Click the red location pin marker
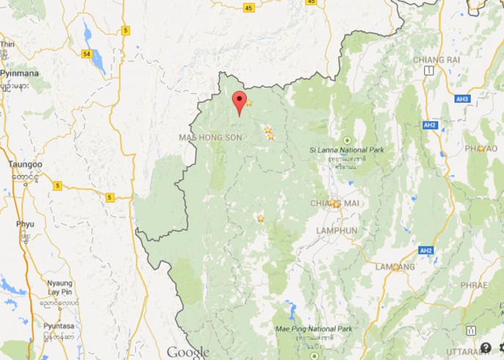click(239, 103)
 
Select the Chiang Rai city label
click(437, 59)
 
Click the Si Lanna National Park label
click(346, 150)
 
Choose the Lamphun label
click(337, 230)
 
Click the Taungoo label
click(25, 165)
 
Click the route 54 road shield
click(88, 54)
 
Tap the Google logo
click(188, 351)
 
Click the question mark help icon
click(485, 348)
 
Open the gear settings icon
click(500, 348)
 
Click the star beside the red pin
click(249, 103)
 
